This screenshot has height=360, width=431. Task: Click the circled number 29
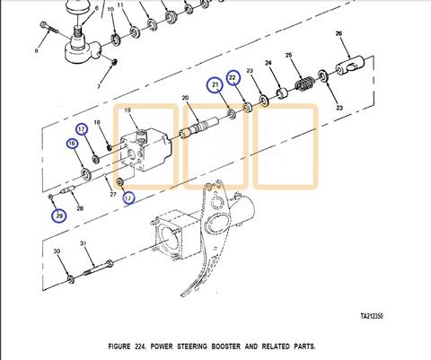tap(59, 215)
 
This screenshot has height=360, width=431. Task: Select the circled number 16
tap(72, 144)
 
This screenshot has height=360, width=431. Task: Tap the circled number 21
tap(215, 85)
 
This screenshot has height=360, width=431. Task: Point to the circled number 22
tap(233, 77)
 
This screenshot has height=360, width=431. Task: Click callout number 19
tap(128, 110)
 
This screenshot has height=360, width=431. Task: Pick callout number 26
tap(339, 33)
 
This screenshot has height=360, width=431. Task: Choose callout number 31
tap(83, 243)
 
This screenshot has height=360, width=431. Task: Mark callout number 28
tap(80, 208)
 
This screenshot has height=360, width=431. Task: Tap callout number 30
tap(57, 251)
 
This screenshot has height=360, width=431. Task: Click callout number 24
tap(268, 63)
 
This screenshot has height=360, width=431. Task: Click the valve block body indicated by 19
tap(145, 149)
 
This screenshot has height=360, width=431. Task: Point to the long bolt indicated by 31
tap(97, 268)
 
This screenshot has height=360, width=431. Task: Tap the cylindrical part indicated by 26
tap(349, 65)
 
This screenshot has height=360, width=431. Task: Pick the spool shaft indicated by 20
tap(198, 127)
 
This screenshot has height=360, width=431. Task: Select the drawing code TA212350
tap(372, 316)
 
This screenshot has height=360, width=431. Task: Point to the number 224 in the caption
tap(140, 347)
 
